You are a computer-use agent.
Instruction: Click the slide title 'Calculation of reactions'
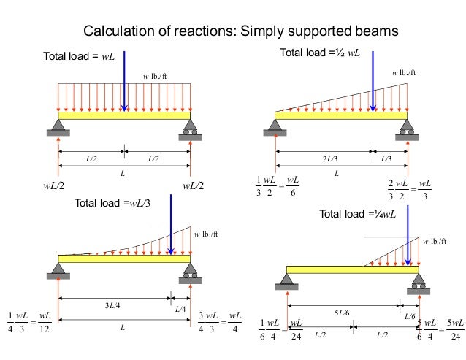point(240,31)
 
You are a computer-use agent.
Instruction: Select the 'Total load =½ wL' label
point(320,53)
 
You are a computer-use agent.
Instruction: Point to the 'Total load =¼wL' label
point(357,214)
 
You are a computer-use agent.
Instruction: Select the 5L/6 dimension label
point(342,313)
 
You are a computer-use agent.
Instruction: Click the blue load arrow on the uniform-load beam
point(124,80)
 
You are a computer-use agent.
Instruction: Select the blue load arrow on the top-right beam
point(373,80)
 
